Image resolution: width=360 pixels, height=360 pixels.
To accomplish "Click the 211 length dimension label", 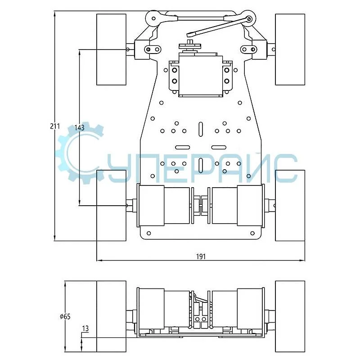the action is [x=55, y=126].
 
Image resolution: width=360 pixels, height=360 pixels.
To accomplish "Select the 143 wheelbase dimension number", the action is [x=79, y=128].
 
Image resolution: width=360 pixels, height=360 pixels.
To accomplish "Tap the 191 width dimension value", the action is [x=201, y=256].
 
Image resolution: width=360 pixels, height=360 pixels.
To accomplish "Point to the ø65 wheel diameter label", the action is [x=65, y=317].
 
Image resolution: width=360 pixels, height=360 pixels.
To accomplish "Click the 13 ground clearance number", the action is [x=85, y=328].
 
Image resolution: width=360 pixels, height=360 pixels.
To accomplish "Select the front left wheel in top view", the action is [x=111, y=49].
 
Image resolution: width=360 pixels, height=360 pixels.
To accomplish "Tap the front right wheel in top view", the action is [x=290, y=49].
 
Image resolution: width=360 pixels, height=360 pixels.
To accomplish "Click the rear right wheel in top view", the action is [x=290, y=206].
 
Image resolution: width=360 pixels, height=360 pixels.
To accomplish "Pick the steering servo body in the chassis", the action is [x=201, y=76].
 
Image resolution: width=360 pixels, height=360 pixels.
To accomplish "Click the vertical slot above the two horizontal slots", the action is [x=201, y=130].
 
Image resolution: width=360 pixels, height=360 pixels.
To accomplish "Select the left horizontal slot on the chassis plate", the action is [x=183, y=148].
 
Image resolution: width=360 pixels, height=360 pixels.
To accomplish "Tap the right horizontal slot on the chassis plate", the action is [x=219, y=148].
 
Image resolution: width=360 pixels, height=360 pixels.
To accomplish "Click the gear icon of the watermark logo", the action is [x=79, y=153].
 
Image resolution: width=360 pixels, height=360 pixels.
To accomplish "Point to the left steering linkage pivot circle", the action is [x=153, y=18].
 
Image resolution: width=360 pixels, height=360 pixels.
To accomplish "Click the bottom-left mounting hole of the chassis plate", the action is [x=148, y=233].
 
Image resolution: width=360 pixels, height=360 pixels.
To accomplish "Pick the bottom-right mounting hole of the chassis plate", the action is [x=252, y=233].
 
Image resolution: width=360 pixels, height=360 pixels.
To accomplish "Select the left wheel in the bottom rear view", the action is [x=111, y=316].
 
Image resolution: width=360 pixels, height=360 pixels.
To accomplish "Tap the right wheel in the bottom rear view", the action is [x=290, y=316].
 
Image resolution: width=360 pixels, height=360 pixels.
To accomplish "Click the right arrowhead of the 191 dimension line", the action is [x=302, y=261].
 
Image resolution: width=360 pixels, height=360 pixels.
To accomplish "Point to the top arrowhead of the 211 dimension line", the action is [x=54, y=14].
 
